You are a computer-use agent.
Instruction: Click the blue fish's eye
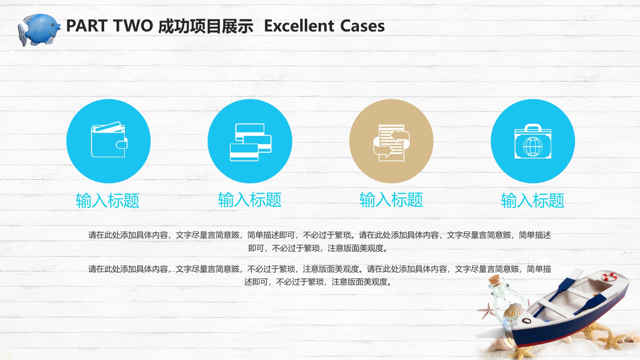click(x=53, y=25)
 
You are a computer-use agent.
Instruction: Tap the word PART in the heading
click(x=86, y=26)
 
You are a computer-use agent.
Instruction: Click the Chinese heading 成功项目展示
click(x=206, y=26)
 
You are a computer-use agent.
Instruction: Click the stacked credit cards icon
click(x=251, y=142)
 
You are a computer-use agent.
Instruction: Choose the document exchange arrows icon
click(x=391, y=143)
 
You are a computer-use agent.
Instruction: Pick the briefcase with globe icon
click(x=533, y=141)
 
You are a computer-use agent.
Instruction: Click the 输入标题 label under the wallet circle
click(x=108, y=201)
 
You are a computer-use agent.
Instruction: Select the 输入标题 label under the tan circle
click(x=391, y=200)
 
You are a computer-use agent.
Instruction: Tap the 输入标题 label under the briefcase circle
click(x=533, y=201)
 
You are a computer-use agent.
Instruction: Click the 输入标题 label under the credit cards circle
click(x=250, y=200)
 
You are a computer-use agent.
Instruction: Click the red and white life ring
click(x=609, y=277)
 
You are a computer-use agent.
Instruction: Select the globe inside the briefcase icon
click(x=533, y=147)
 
